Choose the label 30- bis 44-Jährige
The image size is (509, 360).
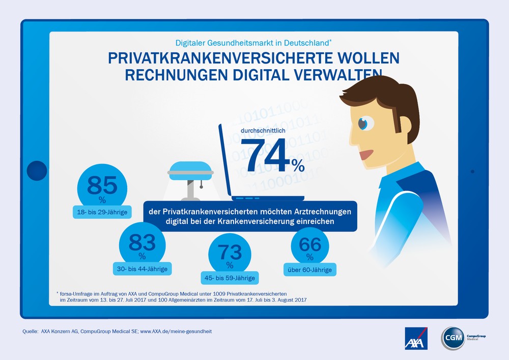143,267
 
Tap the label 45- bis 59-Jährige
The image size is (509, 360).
230,278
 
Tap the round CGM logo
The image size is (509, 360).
452,338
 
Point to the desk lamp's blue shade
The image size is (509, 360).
190,168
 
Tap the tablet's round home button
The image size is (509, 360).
37,171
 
